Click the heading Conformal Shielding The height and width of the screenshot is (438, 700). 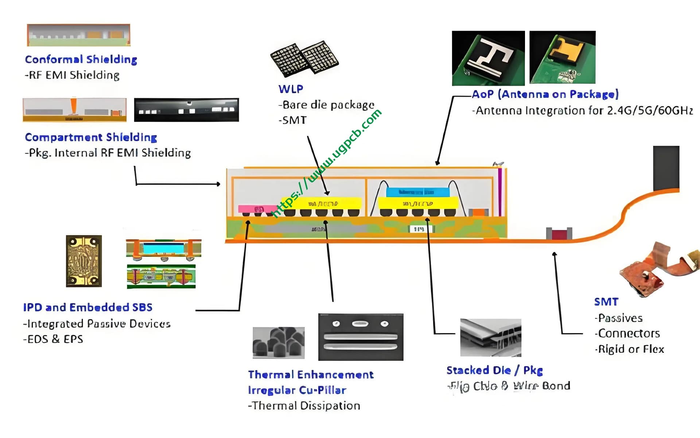81,59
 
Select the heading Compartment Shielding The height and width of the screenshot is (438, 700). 91,137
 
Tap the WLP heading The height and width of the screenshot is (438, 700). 291,89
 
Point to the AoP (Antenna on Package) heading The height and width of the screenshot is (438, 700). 545,94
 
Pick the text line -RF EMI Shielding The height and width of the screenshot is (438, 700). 72,75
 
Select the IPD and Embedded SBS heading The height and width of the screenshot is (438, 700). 87,307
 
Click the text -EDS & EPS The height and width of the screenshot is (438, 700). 53,339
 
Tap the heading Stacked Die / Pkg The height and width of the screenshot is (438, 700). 494,370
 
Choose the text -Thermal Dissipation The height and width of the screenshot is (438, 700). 304,406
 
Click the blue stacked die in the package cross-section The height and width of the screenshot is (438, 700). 417,192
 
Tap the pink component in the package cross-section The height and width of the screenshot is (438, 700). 257,209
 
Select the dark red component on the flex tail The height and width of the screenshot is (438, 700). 559,233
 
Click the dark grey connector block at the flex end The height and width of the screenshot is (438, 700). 666,167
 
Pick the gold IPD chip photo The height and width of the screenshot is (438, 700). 84,261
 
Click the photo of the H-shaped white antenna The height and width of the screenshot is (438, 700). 488,58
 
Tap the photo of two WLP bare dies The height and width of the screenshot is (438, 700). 304,58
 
